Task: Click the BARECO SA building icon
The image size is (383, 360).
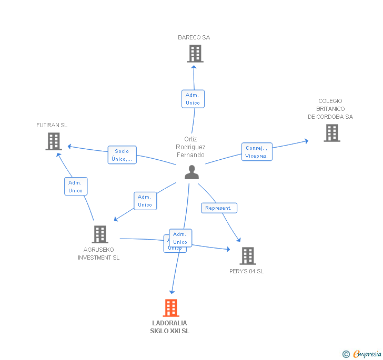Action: coord(195,54)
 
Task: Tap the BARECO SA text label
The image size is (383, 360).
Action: coord(194,37)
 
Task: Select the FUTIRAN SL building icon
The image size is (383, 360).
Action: coord(54,141)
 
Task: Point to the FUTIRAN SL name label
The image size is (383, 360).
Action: coord(52,125)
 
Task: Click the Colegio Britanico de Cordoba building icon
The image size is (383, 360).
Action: coord(331,133)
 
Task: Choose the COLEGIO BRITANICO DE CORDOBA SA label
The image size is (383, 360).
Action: coord(330,109)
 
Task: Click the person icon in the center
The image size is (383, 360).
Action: coord(191,172)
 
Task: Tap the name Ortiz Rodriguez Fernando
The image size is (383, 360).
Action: coord(190,147)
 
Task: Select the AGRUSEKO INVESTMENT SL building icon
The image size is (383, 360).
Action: coord(99,234)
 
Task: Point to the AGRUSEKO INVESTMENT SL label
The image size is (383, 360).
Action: coord(99,254)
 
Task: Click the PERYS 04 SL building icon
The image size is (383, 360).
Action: coord(247,256)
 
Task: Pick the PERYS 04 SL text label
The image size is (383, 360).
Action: coord(246,271)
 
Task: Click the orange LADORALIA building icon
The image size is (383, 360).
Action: coord(171,308)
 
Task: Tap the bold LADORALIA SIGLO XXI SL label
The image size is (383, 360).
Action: coord(169,327)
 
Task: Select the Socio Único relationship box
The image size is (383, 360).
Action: coord(122,155)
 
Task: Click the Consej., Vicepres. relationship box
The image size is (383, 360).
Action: coord(257,152)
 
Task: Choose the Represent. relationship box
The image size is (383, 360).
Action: coord(219,208)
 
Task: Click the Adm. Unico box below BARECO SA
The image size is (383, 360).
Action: coord(193,99)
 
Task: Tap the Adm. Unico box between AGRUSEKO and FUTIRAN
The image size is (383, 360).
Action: coord(75,187)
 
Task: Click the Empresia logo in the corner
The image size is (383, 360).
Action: coord(362,354)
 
